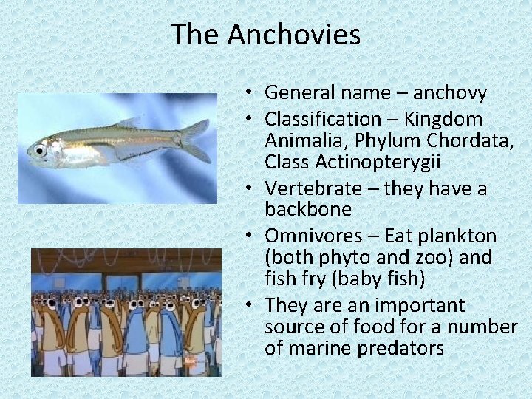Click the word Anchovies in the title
tap(294, 35)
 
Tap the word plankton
tap(460, 236)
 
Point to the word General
tap(297, 93)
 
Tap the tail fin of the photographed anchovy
tap(197, 140)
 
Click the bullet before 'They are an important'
tap(252, 305)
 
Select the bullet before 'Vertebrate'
tap(252, 188)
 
